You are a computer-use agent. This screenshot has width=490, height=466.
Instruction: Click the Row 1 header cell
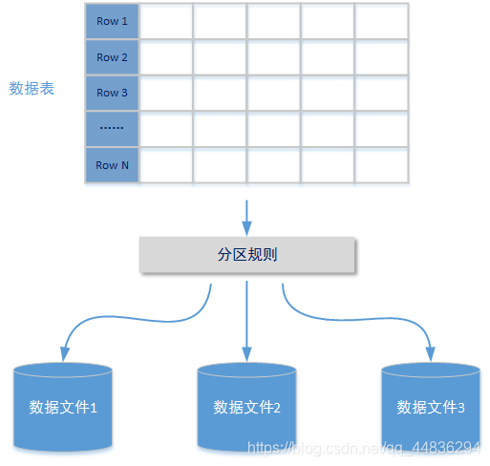pyautogui.click(x=112, y=21)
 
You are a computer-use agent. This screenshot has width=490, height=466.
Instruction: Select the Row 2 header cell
pyautogui.click(x=112, y=57)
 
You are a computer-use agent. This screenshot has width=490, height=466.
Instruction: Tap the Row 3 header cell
pyautogui.click(x=112, y=93)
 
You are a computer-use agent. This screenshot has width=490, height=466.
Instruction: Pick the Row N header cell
pyautogui.click(x=112, y=165)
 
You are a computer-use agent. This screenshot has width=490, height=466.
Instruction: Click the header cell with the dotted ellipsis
pyautogui.click(x=112, y=129)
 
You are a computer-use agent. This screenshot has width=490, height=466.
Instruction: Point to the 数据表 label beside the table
pyautogui.click(x=32, y=89)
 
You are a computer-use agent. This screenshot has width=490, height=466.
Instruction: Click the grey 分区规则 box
pyautogui.click(x=247, y=255)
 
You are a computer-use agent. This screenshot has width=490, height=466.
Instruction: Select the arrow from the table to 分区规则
pyautogui.click(x=247, y=217)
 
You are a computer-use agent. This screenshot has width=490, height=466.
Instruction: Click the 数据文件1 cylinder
pyautogui.click(x=64, y=407)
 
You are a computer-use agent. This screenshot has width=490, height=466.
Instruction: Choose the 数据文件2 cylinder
pyautogui.click(x=246, y=407)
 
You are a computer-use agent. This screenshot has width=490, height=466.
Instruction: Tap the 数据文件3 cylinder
pyautogui.click(x=431, y=407)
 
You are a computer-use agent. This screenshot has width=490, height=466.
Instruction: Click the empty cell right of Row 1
pyautogui.click(x=166, y=21)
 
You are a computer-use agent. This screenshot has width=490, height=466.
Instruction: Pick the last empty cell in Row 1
pyautogui.click(x=381, y=21)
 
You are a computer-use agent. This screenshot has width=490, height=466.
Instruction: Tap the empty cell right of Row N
pyautogui.click(x=166, y=165)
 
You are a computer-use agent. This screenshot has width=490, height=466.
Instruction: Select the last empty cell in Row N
pyautogui.click(x=381, y=165)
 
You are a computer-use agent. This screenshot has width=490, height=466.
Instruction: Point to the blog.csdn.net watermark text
pyautogui.click(x=363, y=447)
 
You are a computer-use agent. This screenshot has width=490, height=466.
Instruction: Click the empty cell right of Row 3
pyautogui.click(x=166, y=93)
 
